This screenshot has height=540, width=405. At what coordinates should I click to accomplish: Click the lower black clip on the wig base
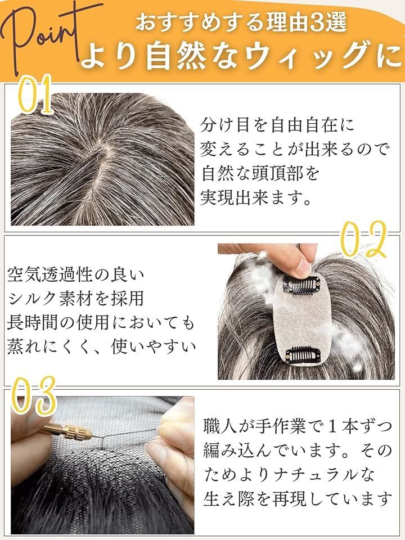click(x=303, y=355)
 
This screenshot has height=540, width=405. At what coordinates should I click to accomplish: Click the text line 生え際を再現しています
click(x=298, y=499)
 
